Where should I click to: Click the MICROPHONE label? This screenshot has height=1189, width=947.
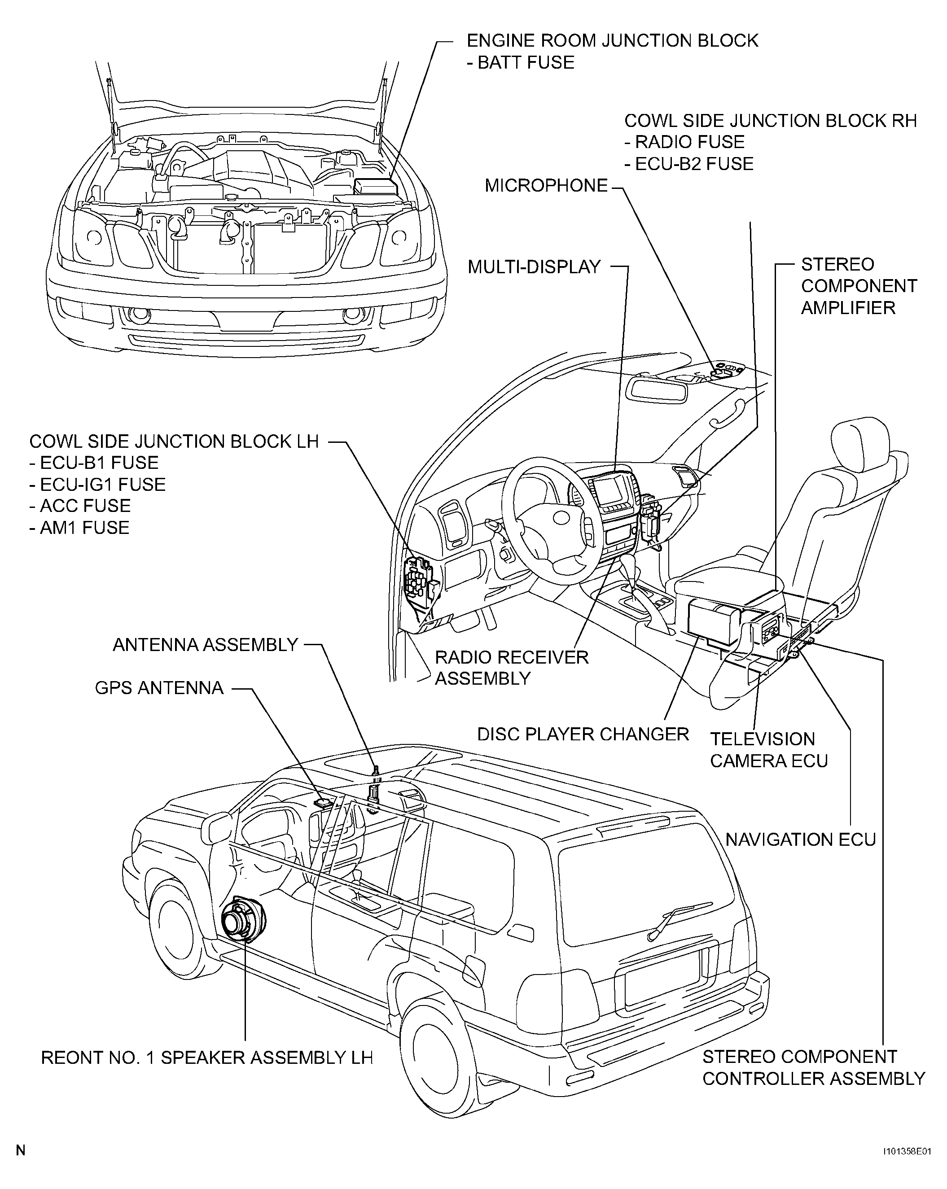pyautogui.click(x=546, y=186)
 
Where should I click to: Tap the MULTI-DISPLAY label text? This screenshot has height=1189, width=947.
pyautogui.click(x=534, y=267)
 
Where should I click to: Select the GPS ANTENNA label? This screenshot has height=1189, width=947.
pyautogui.click(x=159, y=688)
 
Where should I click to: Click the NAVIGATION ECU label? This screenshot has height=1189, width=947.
pyautogui.click(x=800, y=840)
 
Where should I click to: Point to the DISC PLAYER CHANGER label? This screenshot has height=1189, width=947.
pyautogui.click(x=583, y=734)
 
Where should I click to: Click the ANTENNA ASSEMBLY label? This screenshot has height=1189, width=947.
pyautogui.click(x=205, y=645)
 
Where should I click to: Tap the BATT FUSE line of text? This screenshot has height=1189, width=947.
pyautogui.click(x=521, y=62)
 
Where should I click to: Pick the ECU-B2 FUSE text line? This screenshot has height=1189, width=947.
pyautogui.click(x=689, y=164)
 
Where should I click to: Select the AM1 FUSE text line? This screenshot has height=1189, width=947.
pyautogui.click(x=79, y=528)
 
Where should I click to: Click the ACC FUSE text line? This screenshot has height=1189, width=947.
pyautogui.click(x=80, y=506)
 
